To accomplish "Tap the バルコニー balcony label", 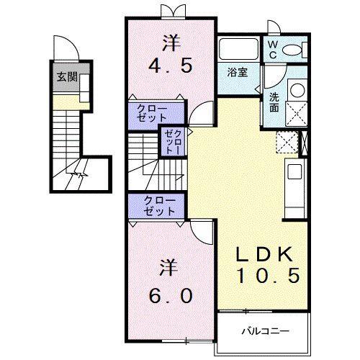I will (x=266, y=332).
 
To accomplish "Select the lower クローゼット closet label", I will (x=158, y=206).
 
